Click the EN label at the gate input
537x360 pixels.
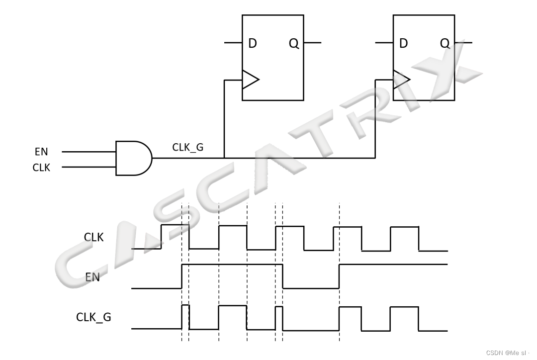(x=41, y=152)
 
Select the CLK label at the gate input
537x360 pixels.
(x=41, y=168)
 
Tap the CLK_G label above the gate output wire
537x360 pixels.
(x=187, y=147)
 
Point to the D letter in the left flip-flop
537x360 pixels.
(x=253, y=44)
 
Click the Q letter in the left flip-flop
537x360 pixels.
(x=294, y=44)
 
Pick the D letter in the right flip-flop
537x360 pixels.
(x=403, y=44)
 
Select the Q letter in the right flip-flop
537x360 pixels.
(x=445, y=44)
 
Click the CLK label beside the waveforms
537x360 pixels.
(x=93, y=238)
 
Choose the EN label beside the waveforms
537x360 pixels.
(x=92, y=277)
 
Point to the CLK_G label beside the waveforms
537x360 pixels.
(x=93, y=317)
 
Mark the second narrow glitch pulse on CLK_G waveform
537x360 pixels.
(x=279, y=318)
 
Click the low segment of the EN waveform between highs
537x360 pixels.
(x=311, y=287)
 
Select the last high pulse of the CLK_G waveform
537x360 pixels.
(x=404, y=318)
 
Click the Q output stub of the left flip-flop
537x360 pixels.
(x=312, y=43)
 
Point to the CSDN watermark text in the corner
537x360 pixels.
(x=507, y=353)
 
